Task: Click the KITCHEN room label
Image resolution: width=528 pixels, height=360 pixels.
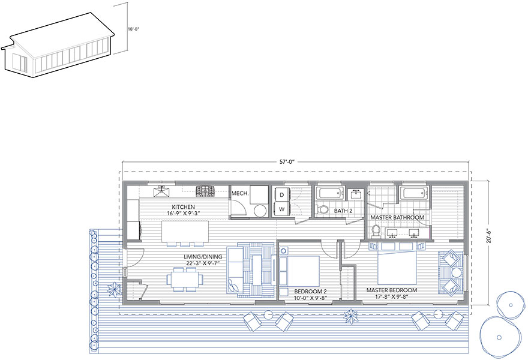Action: tap(183, 207)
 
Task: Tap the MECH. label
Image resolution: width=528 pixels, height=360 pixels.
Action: tap(240, 194)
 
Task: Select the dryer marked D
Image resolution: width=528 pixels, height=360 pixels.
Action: tap(282, 194)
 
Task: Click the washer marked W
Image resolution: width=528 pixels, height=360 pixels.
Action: tap(282, 209)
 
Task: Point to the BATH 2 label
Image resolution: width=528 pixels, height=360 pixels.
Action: tap(343, 211)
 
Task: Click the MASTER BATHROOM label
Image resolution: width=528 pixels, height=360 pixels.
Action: tap(397, 218)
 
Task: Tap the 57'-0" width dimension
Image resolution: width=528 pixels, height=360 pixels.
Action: tap(287, 161)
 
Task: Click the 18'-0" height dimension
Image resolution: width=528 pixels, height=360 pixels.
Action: tap(133, 29)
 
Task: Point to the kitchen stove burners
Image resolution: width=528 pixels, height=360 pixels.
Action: tap(205, 191)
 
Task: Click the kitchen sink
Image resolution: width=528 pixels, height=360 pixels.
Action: tap(161, 192)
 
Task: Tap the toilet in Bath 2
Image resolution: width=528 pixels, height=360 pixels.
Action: tap(322, 209)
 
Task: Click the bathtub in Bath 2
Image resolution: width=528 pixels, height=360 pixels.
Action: tap(331, 193)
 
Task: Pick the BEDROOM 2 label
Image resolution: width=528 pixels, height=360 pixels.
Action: tap(310, 292)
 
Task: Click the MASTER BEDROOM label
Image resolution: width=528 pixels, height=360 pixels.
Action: tap(392, 290)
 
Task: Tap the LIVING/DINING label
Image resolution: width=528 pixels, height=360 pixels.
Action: tap(200, 257)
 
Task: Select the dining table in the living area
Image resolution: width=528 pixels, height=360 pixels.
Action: tap(185, 279)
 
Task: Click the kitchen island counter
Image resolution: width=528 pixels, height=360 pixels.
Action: tap(185, 232)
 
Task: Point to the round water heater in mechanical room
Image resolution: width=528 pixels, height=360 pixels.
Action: tap(260, 211)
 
